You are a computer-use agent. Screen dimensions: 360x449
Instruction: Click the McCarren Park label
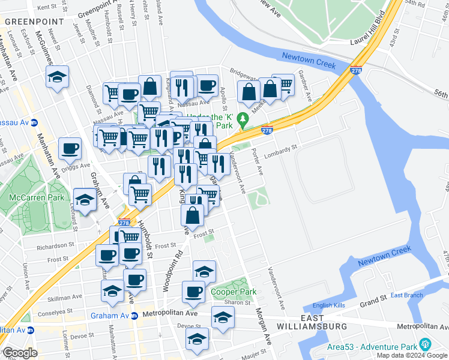tap(37, 197)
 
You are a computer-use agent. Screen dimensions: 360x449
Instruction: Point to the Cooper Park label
tap(234, 292)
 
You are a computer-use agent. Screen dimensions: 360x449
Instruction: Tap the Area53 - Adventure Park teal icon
tap(425, 344)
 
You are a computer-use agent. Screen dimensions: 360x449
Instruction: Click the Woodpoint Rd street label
tap(171, 271)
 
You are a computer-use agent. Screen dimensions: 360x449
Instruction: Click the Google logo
tap(20, 353)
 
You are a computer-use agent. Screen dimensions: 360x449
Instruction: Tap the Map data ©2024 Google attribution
tap(412, 355)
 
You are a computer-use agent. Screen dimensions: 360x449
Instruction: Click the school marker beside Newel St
tap(58, 76)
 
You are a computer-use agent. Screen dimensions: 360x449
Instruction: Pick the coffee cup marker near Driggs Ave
tap(70, 148)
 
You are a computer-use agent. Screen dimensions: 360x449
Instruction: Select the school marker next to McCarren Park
tap(85, 199)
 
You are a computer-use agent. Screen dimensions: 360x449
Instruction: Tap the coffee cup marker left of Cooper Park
tap(193, 292)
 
